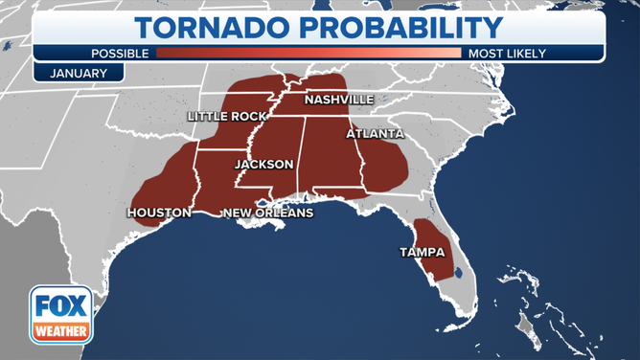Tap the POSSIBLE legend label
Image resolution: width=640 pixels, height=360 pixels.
click(x=121, y=54)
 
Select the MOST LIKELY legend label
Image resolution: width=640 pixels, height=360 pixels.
click(x=504, y=54)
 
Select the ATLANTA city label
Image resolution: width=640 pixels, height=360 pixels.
click(x=375, y=134)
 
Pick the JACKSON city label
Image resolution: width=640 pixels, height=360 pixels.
click(x=263, y=165)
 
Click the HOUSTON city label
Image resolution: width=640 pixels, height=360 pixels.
click(x=158, y=213)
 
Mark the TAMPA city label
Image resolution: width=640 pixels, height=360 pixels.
click(x=423, y=253)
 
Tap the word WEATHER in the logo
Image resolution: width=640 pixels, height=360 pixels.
click(x=61, y=331)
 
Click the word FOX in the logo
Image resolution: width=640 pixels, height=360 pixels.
click(x=61, y=306)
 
